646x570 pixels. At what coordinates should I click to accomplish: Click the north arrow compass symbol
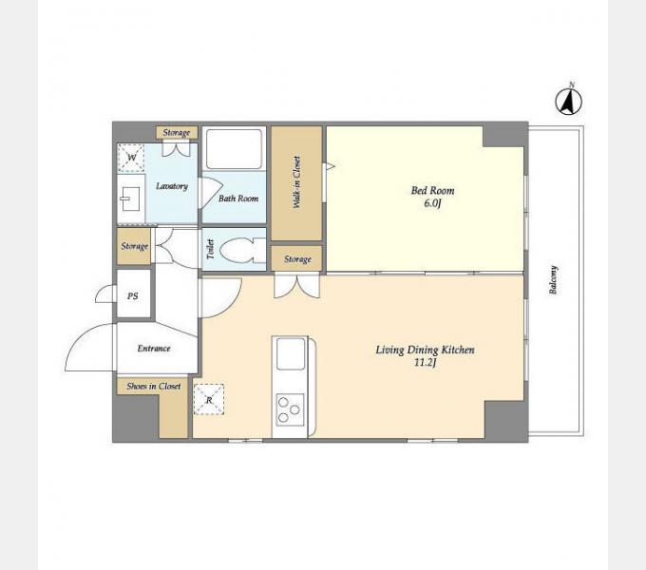click(568, 101)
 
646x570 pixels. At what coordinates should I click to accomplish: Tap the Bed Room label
click(432, 191)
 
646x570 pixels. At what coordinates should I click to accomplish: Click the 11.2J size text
click(426, 363)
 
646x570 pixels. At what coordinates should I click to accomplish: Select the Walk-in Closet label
click(296, 182)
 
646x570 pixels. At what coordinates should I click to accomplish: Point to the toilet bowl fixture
click(242, 251)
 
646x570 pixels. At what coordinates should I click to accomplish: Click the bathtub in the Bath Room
click(234, 149)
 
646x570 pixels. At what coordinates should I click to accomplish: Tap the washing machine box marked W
click(131, 158)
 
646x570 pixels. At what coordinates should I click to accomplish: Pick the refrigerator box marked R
click(209, 399)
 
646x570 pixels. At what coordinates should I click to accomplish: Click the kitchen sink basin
click(291, 353)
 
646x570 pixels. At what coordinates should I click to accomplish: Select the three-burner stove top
click(290, 409)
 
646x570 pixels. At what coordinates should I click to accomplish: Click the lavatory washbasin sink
click(130, 199)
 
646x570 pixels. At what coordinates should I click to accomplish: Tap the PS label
click(133, 296)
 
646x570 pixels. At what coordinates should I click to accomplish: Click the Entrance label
click(154, 349)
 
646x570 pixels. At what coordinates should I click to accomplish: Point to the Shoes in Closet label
click(154, 387)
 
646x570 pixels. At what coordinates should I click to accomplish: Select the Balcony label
click(553, 279)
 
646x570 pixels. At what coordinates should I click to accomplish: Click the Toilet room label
click(211, 249)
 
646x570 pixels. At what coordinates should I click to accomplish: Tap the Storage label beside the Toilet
click(134, 246)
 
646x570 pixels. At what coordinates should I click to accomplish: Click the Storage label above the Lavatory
click(177, 133)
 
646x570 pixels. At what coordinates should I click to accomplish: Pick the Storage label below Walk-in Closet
click(297, 259)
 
